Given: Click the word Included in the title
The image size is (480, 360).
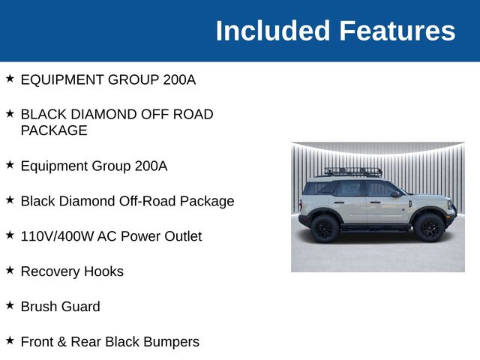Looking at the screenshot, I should pyautogui.click(x=272, y=31).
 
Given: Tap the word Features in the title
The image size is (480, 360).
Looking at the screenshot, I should pyautogui.click(x=397, y=31).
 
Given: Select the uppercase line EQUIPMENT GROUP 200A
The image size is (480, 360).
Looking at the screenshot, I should pyautogui.click(x=108, y=79).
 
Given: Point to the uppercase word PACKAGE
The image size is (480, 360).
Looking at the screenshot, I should pyautogui.click(x=54, y=130).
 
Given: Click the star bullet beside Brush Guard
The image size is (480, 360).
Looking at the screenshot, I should pyautogui.click(x=10, y=304).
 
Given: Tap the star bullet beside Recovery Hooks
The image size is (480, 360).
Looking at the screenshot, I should pyautogui.click(x=10, y=269).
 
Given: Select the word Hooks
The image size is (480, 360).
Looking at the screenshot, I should pyautogui.click(x=104, y=271).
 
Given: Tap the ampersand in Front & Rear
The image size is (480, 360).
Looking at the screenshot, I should pyautogui.click(x=61, y=342).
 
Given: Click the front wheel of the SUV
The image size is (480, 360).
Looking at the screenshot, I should pyautogui.click(x=428, y=226).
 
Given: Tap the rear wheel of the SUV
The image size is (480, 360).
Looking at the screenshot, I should pyautogui.click(x=325, y=228).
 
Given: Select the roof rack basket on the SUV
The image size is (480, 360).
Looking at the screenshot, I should pyautogui.click(x=353, y=172).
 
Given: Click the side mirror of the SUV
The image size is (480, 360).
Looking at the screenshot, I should pyautogui.click(x=394, y=194).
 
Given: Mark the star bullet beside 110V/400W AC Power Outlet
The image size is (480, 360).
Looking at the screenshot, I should pyautogui.click(x=10, y=234).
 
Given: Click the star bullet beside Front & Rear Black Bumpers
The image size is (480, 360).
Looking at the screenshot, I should pyautogui.click(x=10, y=340).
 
